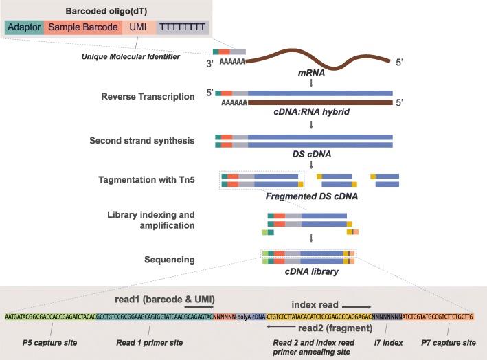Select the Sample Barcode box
coord(82,27)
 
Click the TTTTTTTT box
coord(182,27)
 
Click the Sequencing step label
coord(175,260)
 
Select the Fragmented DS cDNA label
coord(299,196)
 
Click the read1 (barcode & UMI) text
coord(165,300)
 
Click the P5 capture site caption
coord(45,342)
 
